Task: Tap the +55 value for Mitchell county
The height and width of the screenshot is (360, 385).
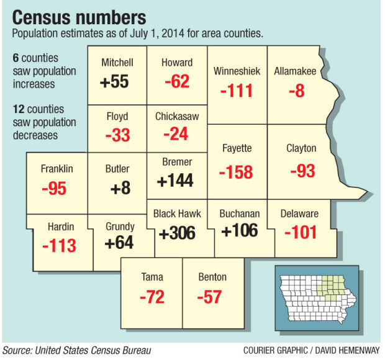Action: click(115, 81)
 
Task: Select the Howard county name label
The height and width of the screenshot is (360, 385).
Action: click(177, 63)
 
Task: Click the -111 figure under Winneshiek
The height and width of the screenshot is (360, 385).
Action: click(237, 91)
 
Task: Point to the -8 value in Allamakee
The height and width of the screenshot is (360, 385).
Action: click(296, 91)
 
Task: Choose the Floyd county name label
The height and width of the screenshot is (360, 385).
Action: click(117, 116)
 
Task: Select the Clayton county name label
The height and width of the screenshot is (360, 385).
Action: click(301, 148)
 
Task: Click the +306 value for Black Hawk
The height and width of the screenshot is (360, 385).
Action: click(177, 233)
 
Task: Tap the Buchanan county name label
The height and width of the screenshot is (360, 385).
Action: click(239, 214)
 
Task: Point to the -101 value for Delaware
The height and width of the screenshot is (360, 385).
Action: click(301, 233)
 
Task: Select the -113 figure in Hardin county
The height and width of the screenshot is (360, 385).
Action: click(60, 246)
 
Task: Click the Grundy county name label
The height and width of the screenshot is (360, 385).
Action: click(119, 227)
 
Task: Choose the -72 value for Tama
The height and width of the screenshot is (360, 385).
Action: click(152, 297)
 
